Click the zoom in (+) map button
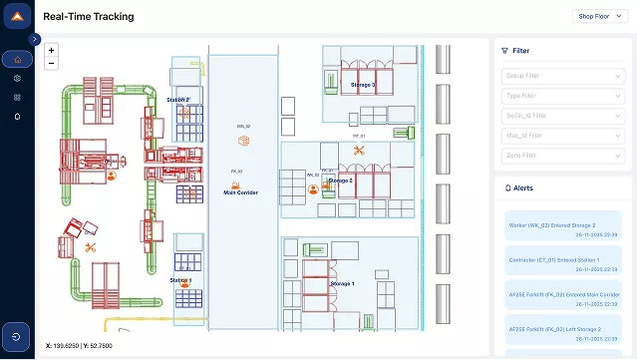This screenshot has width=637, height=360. pyautogui.click(x=51, y=49)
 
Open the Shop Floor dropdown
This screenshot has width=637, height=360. pyautogui.click(x=598, y=16)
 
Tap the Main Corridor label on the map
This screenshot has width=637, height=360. pyautogui.click(x=240, y=192)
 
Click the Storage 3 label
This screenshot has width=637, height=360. pyautogui.click(x=363, y=85)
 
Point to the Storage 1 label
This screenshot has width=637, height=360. pyautogui.click(x=342, y=284)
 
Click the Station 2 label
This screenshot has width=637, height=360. pyautogui.click(x=178, y=100)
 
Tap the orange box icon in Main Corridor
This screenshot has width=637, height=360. pyautogui.click(x=242, y=141)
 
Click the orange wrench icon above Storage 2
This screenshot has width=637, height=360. pyautogui.click(x=359, y=151)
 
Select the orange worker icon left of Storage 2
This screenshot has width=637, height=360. pyautogui.click(x=313, y=187)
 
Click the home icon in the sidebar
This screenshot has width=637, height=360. pyautogui.click(x=17, y=60)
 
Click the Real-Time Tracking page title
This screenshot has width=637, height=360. pyautogui.click(x=89, y=17)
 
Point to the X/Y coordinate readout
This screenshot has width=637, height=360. pyautogui.click(x=79, y=345)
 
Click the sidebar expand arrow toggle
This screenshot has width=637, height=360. pyautogui.click(x=36, y=40)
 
